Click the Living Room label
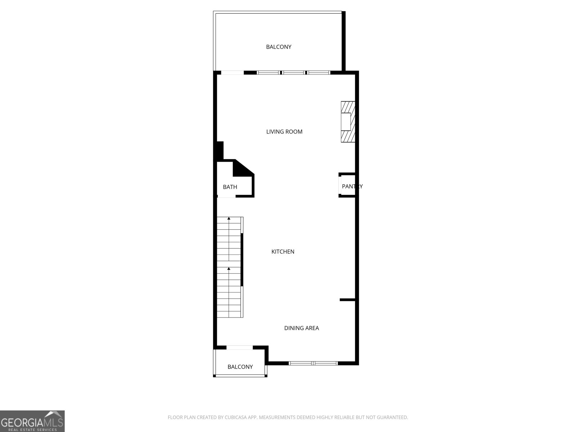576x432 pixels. pyautogui.click(x=284, y=132)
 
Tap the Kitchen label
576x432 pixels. pyautogui.click(x=283, y=252)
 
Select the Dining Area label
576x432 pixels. pyautogui.click(x=301, y=328)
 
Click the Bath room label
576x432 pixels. pyautogui.click(x=230, y=187)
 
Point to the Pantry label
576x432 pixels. pyautogui.click(x=352, y=186)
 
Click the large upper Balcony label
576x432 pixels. pyautogui.click(x=278, y=47)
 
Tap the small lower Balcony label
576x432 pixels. pyautogui.click(x=240, y=367)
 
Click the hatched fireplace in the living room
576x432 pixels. pyautogui.click(x=348, y=122)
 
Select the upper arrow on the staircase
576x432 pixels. pyautogui.click(x=229, y=219)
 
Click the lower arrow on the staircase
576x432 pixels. pyautogui.click(x=229, y=269)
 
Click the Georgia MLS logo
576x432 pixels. pyautogui.click(x=32, y=421)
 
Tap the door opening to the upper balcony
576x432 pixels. pyautogui.click(x=232, y=73)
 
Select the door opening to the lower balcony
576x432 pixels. pyautogui.click(x=239, y=347)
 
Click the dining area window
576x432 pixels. pyautogui.click(x=313, y=363)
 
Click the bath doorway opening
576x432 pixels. pyautogui.click(x=226, y=197)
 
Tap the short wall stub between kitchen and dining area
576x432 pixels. pyautogui.click(x=347, y=300)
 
